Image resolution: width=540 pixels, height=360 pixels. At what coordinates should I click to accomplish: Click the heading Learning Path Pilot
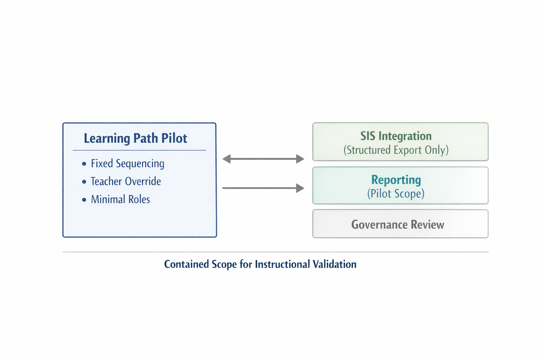[135, 138]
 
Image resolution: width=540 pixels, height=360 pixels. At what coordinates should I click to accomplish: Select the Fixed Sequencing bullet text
[127, 163]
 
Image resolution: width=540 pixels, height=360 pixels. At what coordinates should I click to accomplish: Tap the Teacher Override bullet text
[126, 181]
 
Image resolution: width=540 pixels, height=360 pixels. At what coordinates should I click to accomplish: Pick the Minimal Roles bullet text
[120, 199]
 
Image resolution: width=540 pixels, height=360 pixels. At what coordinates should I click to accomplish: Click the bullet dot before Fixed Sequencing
[84, 164]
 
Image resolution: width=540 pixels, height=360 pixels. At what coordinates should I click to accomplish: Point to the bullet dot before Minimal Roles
[84, 200]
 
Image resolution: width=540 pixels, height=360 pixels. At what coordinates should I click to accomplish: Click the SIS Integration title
[396, 136]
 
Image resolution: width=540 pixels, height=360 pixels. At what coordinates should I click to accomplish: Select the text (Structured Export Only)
[396, 150]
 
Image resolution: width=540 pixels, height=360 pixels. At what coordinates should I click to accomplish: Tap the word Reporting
[396, 180]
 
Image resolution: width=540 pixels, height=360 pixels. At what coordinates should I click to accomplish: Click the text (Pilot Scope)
[396, 194]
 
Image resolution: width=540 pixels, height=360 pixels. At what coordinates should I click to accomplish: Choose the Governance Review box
[400, 224]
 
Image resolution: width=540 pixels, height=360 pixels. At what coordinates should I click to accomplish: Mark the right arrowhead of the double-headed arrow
[300, 159]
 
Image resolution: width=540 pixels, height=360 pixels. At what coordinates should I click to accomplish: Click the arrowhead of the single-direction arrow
[300, 188]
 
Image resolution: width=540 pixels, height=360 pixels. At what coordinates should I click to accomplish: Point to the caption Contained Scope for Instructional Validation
[260, 264]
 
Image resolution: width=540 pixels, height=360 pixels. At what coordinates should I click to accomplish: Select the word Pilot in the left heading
[174, 138]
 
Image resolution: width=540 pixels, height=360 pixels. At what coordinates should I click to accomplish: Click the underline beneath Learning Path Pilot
[139, 150]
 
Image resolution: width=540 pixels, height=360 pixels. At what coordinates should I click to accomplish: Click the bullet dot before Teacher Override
[84, 182]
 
